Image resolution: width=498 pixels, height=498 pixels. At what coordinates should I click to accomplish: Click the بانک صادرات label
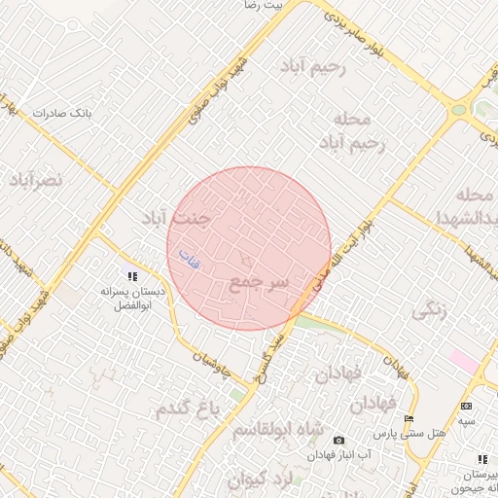pos(61,113)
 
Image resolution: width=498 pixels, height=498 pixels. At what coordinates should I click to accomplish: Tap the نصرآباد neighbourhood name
pos(36,180)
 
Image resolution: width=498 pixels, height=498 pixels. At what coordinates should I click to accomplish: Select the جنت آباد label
pos(176,216)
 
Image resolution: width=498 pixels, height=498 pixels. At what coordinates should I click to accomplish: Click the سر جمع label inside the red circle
pos(260,283)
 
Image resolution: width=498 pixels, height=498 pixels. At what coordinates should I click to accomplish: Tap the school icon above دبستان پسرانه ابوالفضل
pos(133,277)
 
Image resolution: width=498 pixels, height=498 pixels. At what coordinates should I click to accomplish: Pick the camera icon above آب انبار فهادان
pos(338,441)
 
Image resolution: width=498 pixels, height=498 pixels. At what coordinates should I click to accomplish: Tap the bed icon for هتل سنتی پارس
pos(409,418)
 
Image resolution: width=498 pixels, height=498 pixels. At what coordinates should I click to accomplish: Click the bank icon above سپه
pos(467,406)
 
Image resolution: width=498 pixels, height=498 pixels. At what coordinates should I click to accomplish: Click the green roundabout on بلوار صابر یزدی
pos(458,110)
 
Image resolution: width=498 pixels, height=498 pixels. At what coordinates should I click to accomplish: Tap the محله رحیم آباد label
pos(351,131)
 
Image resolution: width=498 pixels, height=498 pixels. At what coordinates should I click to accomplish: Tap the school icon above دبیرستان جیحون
pos(481,459)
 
